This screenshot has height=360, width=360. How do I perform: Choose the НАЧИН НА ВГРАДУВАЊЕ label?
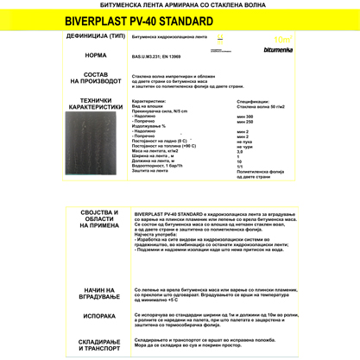coord(98,294)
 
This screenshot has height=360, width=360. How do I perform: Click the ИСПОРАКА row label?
coord(98,316)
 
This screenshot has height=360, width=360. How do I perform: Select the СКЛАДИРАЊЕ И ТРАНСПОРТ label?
coord(98,344)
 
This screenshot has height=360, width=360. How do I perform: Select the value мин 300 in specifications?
coord(245,116)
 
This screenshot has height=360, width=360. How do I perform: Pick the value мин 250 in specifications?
coord(245,122)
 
